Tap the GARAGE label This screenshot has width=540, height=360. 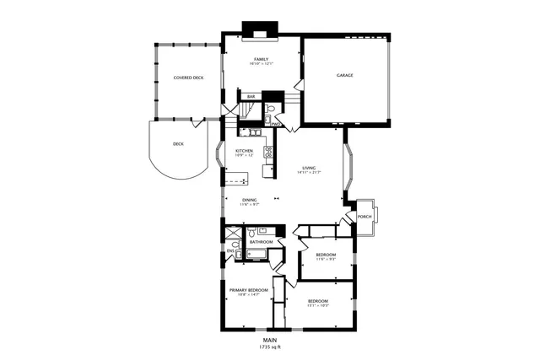point(344,75)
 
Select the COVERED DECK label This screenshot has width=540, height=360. point(188,78)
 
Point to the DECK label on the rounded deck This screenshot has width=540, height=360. point(178,144)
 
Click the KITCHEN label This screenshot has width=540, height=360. point(244,152)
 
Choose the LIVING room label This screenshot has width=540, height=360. point(310,169)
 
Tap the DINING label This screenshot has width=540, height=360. point(250,200)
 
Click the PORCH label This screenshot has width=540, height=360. point(364,217)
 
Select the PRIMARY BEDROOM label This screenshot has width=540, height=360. point(249,290)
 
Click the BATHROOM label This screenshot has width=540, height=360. point(261,242)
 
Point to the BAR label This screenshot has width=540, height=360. point(251,97)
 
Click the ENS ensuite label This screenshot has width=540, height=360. point(230,250)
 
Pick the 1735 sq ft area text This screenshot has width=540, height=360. point(270,347)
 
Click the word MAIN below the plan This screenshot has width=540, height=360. point(270,340)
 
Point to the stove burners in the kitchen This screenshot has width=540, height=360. point(267,153)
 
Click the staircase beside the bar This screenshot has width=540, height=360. point(247,111)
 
